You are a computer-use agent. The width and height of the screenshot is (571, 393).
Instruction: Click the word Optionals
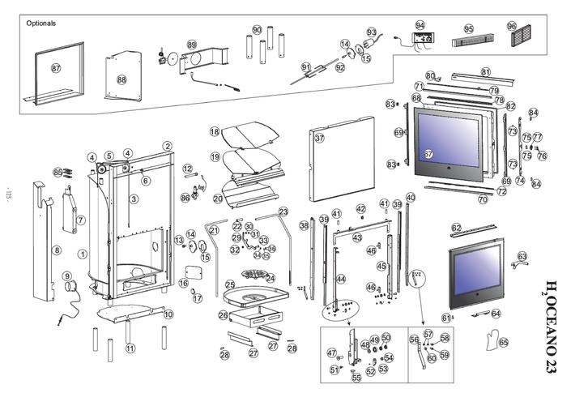click(41, 23)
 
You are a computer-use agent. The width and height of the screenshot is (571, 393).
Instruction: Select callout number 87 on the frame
click(56, 68)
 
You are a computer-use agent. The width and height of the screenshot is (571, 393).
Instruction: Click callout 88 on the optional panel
click(121, 79)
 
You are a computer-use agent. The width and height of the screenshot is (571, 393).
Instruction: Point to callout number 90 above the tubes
click(257, 29)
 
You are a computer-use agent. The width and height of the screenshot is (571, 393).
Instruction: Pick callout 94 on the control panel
click(420, 25)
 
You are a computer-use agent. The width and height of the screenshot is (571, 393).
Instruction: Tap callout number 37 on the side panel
click(319, 139)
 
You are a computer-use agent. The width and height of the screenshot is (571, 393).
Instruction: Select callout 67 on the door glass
click(429, 154)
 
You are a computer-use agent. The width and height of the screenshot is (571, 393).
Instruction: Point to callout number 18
click(215, 131)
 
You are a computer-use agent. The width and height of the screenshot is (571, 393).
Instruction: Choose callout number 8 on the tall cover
click(57, 250)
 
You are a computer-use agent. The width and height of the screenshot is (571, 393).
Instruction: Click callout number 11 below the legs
click(130, 348)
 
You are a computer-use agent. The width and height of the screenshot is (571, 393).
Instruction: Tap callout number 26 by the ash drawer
click(223, 314)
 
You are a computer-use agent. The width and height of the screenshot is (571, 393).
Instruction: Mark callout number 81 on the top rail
click(486, 72)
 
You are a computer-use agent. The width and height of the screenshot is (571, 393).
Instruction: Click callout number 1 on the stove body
click(82, 254)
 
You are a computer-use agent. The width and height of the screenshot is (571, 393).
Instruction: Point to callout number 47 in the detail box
click(331, 353)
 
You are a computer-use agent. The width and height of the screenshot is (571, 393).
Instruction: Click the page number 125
click(8, 195)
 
